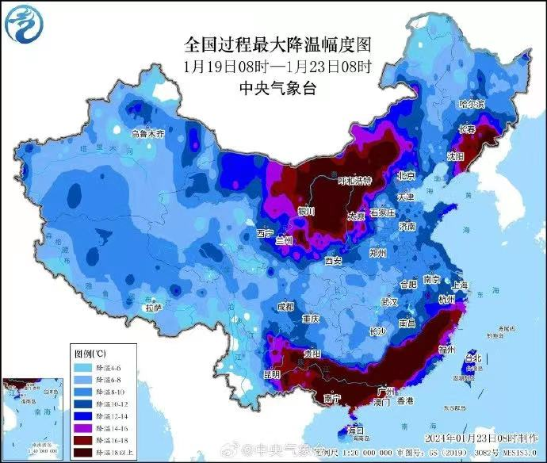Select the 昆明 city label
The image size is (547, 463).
pos(272,373)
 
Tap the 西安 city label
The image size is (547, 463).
pos(334,260)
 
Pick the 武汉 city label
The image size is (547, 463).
pos(388,302)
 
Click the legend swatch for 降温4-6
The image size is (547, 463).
pos(82,368)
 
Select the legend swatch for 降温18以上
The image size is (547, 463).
pos(82,452)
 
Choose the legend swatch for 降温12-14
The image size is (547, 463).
pos(82,415)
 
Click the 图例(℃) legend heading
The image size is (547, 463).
pos(91,353)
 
